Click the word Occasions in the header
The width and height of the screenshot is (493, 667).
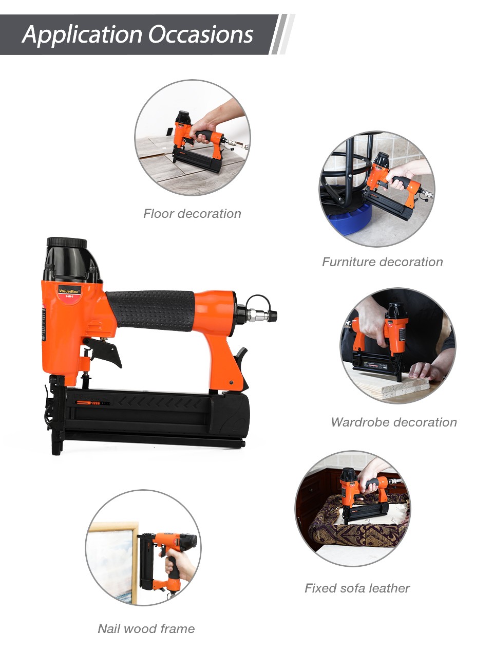tap(200, 34)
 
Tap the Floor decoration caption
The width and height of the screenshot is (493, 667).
tap(192, 214)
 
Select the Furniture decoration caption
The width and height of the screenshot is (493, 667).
tap(383, 262)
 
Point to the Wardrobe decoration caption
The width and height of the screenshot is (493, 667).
tap(394, 422)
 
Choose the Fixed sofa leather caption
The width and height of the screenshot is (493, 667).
tap(357, 588)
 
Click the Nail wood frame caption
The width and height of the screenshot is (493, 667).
tap(146, 628)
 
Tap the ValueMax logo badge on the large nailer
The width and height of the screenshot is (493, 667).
tap(69, 291)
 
